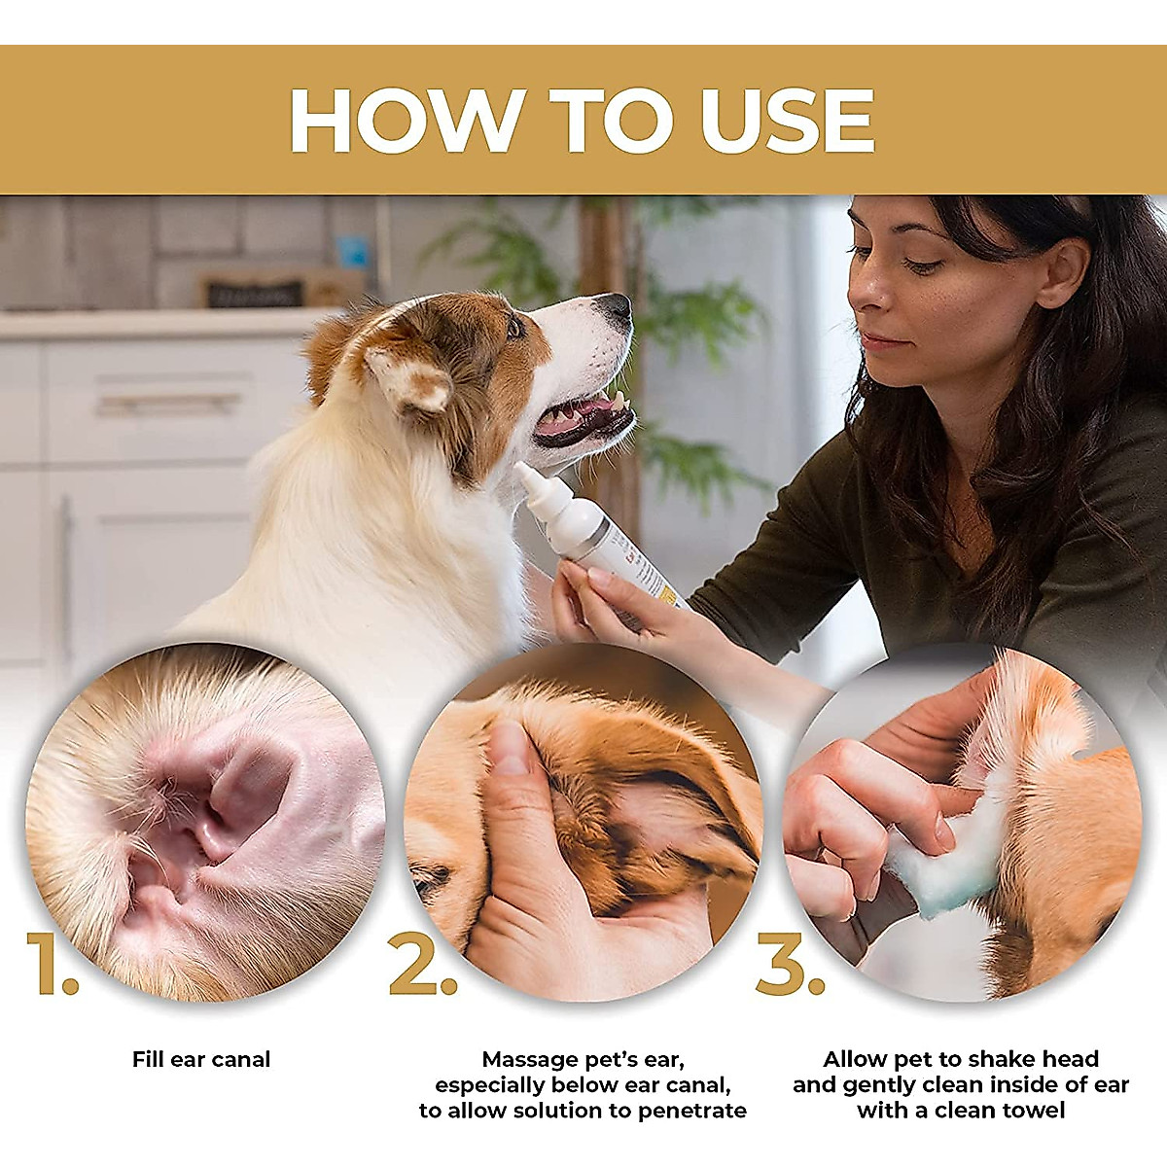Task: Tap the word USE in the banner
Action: click(x=788, y=120)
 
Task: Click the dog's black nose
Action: click(x=615, y=306)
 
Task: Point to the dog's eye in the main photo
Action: click(x=514, y=328)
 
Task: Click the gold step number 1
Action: click(x=53, y=964)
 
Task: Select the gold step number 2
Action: click(x=422, y=964)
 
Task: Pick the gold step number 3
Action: click(x=791, y=964)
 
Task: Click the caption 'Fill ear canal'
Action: click(x=201, y=1059)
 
